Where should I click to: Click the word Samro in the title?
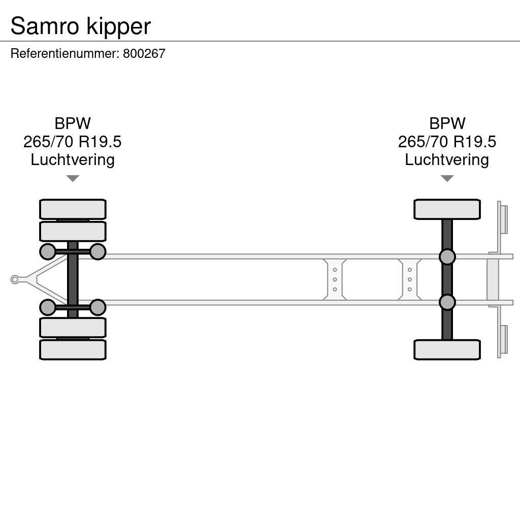(45, 26)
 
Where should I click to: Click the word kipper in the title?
(118, 27)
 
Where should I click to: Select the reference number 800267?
(144, 54)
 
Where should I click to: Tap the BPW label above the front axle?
(73, 123)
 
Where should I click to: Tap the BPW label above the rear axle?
(447, 123)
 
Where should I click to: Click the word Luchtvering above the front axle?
(73, 159)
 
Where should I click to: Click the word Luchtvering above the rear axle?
(447, 159)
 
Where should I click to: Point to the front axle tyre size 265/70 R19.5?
(73, 142)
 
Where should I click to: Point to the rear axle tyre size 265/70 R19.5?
(447, 142)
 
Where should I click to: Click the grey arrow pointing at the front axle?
(73, 178)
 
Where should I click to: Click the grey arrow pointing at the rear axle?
(447, 178)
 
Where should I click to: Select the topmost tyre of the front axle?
(73, 209)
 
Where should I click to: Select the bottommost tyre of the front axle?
(73, 350)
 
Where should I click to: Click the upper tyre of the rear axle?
(447, 209)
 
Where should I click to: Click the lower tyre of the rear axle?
(447, 350)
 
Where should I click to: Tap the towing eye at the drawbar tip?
(15, 279)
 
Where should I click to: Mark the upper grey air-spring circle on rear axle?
(447, 257)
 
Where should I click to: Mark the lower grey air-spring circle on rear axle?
(447, 302)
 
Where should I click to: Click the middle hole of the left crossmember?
(335, 279)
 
